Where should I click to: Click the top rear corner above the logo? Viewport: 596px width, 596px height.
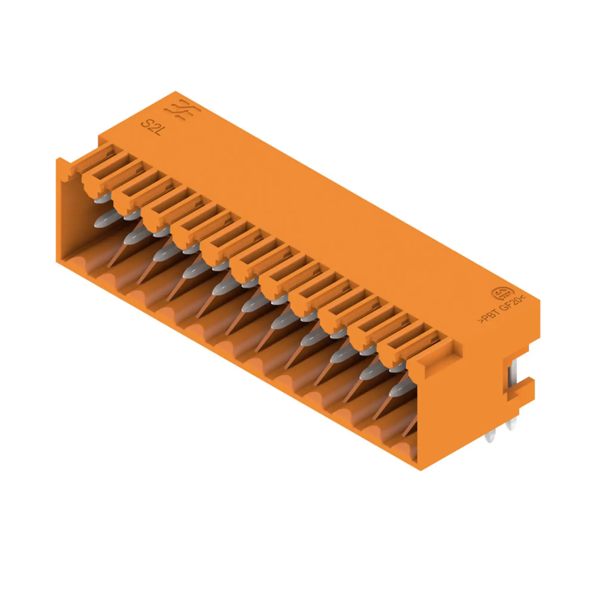pyautogui.click(x=175, y=91)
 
